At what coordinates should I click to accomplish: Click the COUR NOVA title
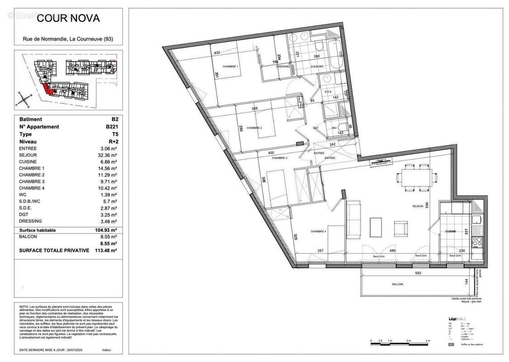point(68,19)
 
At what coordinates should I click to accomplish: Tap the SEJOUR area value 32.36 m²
point(108,155)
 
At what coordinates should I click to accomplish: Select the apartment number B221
point(111,127)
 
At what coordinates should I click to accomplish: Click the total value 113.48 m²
point(107,250)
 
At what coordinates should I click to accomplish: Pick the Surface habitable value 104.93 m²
point(107,230)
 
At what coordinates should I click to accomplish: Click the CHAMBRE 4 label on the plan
point(318,231)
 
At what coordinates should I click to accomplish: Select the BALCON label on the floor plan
point(398,284)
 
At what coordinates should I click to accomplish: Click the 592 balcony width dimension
point(418,273)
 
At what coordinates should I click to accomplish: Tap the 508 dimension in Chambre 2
point(254,109)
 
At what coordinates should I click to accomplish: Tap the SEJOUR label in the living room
point(417,206)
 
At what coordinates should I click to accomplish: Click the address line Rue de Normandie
point(68,39)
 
